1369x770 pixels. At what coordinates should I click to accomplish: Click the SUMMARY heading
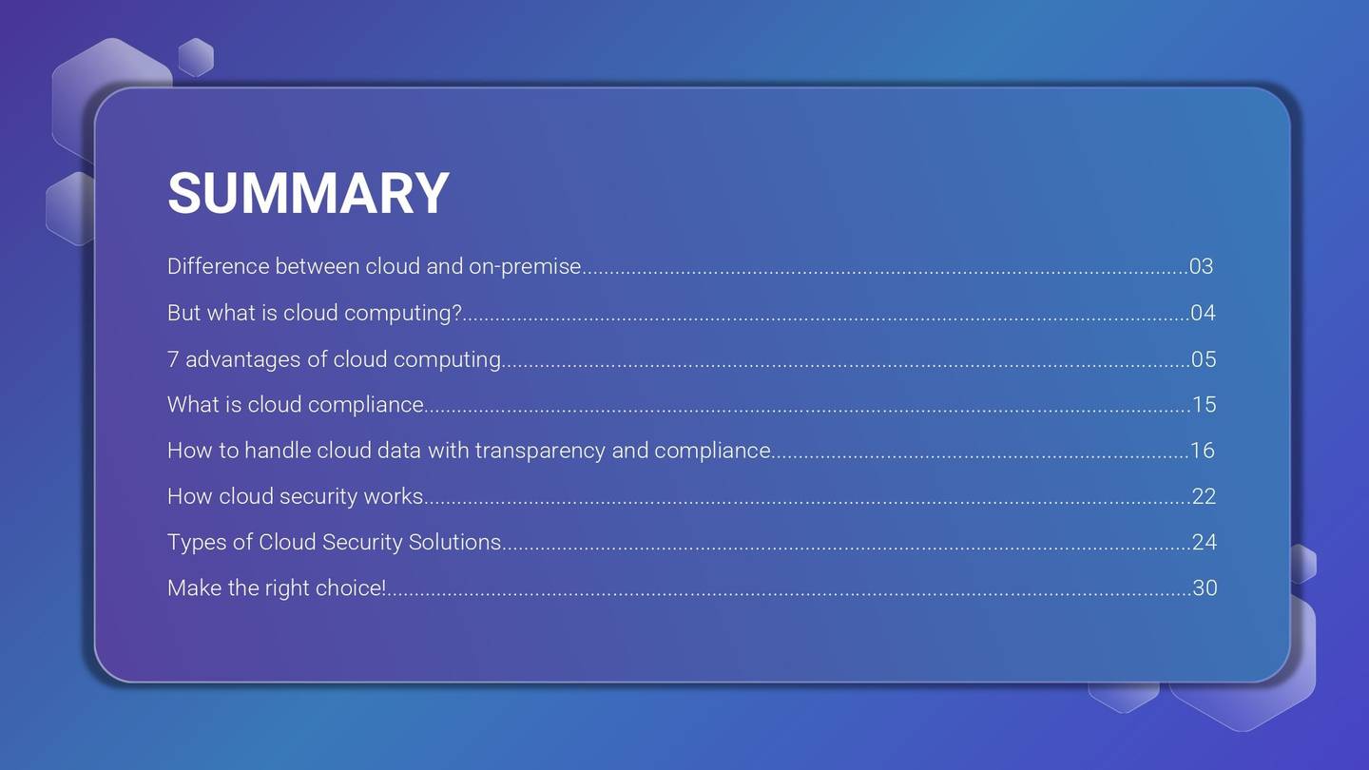308,193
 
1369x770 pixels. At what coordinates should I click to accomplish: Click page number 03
1202,266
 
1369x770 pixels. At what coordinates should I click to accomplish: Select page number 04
1203,313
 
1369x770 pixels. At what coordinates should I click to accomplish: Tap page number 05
1204,359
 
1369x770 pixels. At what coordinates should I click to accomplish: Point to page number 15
1205,405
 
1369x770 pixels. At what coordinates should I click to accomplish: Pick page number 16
1204,451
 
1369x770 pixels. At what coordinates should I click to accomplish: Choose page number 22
1204,496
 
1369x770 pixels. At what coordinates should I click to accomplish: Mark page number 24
1205,542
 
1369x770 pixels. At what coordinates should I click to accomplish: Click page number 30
1205,587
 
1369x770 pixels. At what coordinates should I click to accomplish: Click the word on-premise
525,266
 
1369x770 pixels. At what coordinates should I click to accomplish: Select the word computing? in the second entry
402,313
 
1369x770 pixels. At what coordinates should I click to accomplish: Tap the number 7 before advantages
173,359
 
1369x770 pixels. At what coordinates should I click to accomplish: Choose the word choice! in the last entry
351,587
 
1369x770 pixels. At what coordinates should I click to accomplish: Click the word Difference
218,266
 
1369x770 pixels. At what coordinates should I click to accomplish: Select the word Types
197,542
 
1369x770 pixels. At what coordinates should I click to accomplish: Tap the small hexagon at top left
196,57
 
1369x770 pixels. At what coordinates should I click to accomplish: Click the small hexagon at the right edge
1303,564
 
